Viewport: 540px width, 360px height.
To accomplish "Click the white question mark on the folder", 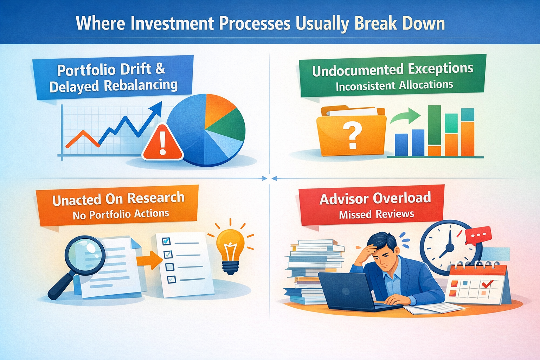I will click(352, 136).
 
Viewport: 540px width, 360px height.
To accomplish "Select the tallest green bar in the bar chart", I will click(434, 125).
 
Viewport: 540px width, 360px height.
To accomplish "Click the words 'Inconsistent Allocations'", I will click(394, 86).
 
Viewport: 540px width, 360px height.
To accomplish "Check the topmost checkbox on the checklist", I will click(166, 241).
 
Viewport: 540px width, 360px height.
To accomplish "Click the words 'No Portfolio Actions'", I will click(121, 214).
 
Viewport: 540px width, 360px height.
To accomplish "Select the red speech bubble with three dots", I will click(477, 235).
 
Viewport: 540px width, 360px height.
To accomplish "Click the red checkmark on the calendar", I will click(487, 283).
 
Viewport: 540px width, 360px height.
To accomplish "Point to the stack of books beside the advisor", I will click(309, 271).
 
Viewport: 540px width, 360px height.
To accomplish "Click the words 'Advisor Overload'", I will click(375, 199).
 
